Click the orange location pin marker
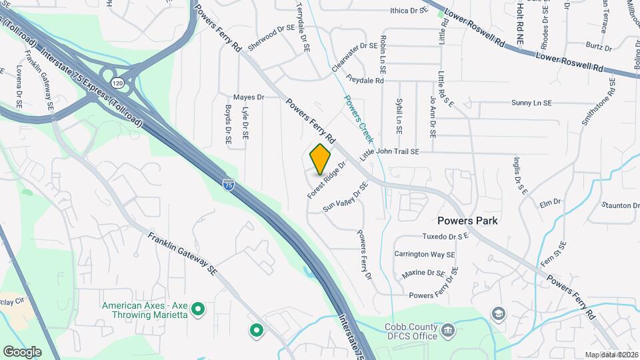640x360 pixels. [321, 159]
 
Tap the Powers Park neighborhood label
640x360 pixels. [468, 220]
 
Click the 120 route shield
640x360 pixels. [118, 83]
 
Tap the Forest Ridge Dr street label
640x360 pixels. [328, 179]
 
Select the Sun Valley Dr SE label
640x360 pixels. [345, 197]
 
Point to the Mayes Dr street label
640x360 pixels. [249, 97]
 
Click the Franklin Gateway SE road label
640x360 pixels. [183, 254]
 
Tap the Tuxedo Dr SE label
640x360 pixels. [446, 236]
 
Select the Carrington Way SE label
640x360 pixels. [424, 255]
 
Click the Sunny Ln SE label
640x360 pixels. [531, 103]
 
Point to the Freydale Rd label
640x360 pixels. [365, 81]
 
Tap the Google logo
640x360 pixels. [22, 351]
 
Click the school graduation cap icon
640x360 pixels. [498, 313]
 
